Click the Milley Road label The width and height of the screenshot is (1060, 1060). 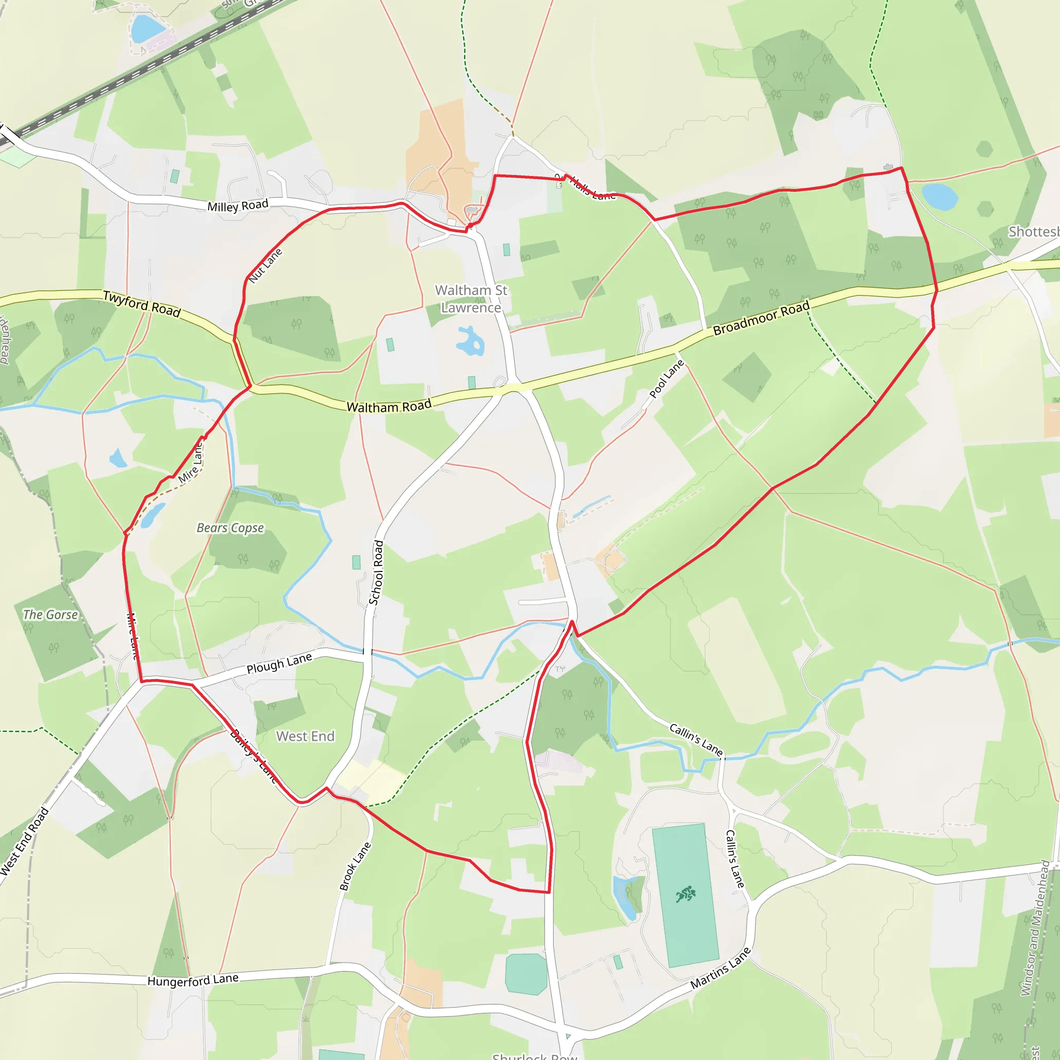coord(238,206)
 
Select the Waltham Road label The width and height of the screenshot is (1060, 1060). coord(389,406)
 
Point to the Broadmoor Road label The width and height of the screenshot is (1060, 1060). coord(761,318)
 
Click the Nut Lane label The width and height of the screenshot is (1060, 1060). coord(266,266)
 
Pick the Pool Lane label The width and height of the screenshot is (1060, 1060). coord(667,378)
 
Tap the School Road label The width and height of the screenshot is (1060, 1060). coord(376,572)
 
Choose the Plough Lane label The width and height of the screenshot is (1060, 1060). coord(279,664)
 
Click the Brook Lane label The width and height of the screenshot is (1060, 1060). coord(355,866)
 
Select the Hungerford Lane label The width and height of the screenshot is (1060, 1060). coord(193,980)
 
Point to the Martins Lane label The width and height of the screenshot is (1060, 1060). coord(720,969)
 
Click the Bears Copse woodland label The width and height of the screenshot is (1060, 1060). coord(230,528)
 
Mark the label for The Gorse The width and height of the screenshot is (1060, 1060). coord(51,615)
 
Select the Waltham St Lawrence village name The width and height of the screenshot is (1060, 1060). coord(472,299)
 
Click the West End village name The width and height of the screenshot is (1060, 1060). coord(305,737)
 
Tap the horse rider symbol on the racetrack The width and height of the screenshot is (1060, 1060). coord(686,895)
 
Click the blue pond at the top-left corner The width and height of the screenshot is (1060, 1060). coord(147,28)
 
